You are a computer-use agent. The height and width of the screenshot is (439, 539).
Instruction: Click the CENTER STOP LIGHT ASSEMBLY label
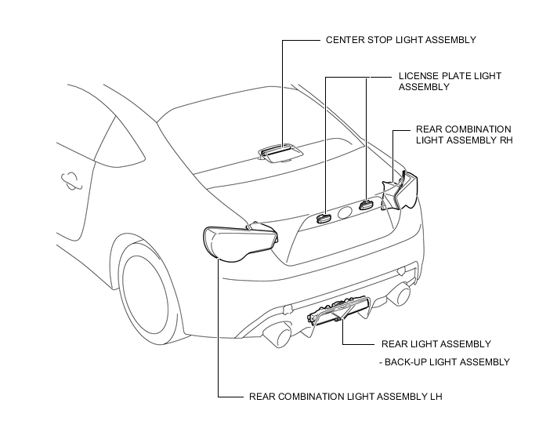401,40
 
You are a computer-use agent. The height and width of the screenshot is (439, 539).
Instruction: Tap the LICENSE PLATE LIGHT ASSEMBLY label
450,82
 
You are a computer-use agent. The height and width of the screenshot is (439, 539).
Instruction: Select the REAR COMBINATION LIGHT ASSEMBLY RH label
464,135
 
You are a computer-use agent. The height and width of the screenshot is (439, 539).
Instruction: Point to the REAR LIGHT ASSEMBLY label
436,343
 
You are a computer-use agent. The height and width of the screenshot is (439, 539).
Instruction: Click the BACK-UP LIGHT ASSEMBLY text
447,362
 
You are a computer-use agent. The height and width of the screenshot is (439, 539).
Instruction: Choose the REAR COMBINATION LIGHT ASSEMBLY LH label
345,397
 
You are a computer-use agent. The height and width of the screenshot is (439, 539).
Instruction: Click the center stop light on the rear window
281,153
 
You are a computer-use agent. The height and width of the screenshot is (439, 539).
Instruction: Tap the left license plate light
323,218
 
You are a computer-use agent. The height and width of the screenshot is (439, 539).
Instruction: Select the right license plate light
366,205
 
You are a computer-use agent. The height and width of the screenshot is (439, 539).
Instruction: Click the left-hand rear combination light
240,243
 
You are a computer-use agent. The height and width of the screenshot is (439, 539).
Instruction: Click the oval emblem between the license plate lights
345,213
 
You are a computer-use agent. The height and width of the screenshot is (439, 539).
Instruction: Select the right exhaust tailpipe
400,294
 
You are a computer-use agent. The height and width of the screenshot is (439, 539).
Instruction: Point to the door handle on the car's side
71,180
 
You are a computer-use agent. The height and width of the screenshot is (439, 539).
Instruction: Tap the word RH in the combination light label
506,140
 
